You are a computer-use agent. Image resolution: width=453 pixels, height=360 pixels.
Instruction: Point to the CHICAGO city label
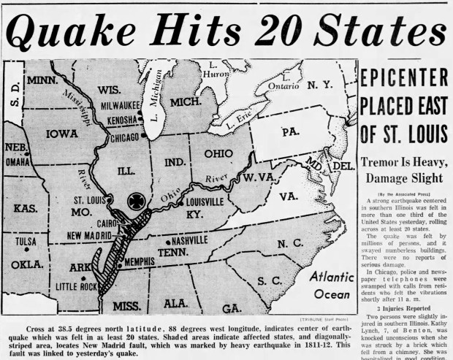click(109, 137)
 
